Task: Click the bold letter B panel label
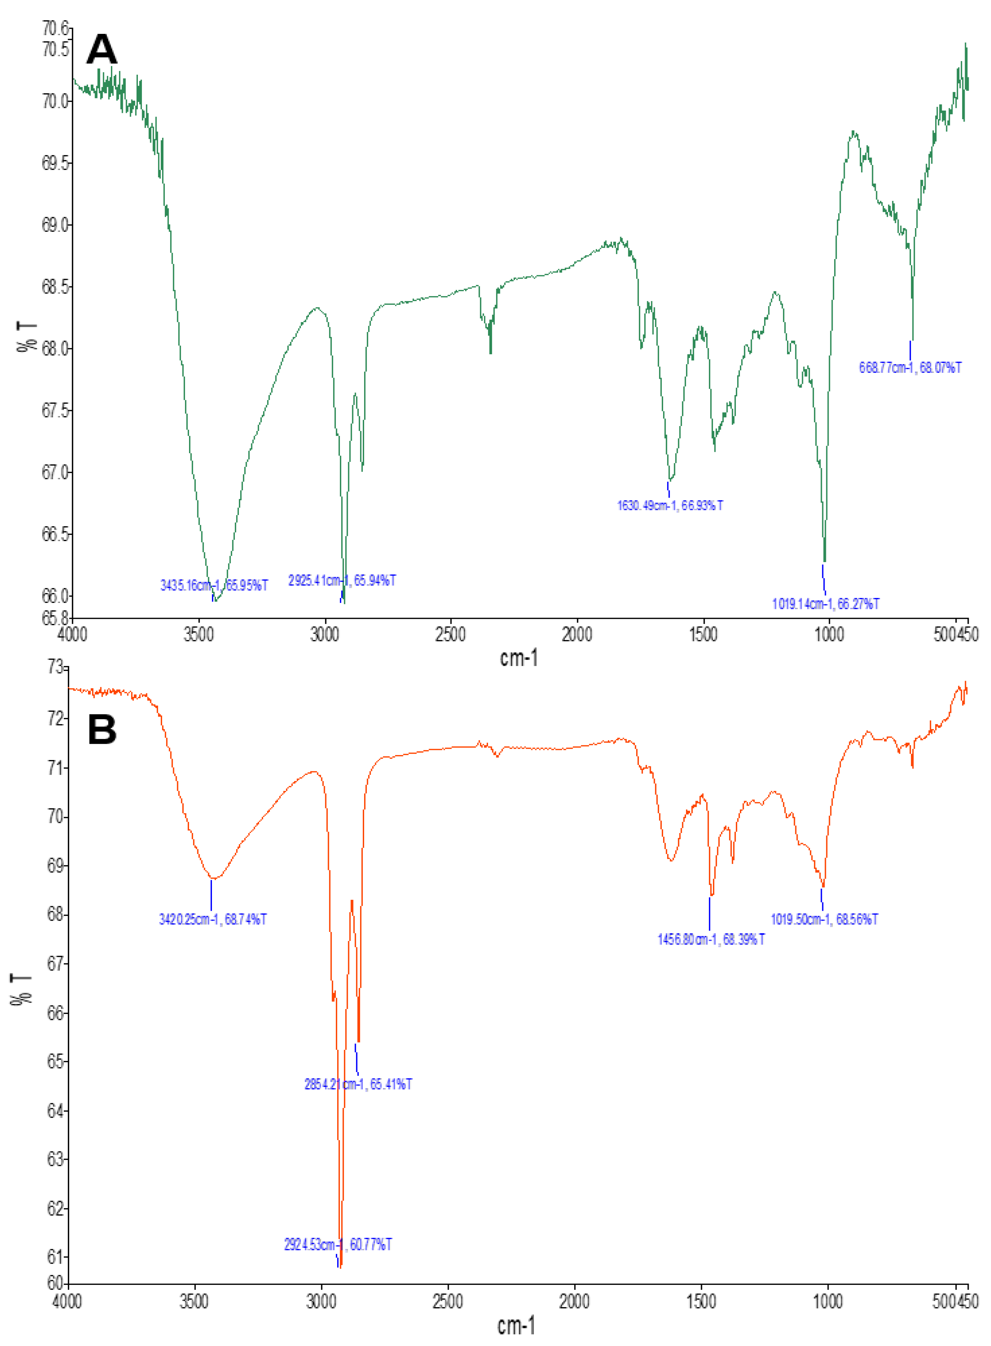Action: [102, 730]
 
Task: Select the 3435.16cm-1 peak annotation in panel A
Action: [214, 585]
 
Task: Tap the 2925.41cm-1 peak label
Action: [342, 580]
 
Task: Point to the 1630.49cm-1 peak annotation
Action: [669, 505]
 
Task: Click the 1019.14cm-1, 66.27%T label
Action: [826, 604]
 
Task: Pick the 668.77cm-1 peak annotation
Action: [910, 368]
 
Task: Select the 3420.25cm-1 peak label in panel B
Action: [212, 919]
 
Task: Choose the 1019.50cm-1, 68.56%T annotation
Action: [824, 919]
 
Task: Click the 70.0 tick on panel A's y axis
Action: [56, 101]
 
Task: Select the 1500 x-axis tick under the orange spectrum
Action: [701, 1301]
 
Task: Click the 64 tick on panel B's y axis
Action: [56, 1111]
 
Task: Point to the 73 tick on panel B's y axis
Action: [56, 667]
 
